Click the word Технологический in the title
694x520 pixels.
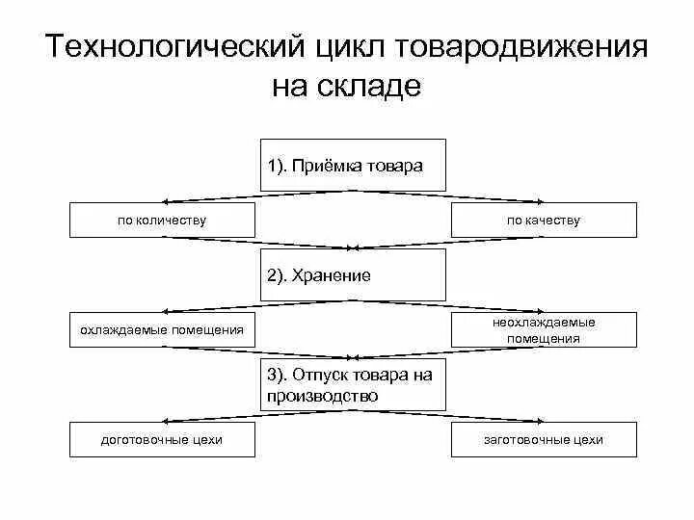click(176, 48)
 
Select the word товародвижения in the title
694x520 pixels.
click(520, 48)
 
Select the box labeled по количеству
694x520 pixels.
click(162, 220)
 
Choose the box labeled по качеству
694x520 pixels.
click(544, 220)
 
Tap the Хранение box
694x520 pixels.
click(353, 274)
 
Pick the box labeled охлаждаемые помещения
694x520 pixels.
click(162, 330)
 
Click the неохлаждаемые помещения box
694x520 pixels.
click(544, 329)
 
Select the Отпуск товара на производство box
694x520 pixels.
click(353, 385)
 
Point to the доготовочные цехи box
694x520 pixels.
click(162, 440)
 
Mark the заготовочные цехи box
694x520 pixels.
click(544, 440)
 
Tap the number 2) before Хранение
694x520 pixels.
click(279, 275)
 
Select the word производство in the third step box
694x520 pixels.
click(323, 395)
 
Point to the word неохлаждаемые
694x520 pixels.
click(544, 322)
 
